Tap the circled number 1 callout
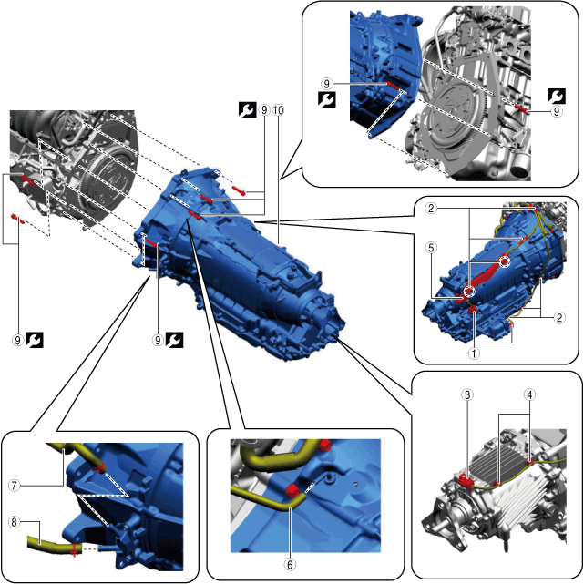point(473,350)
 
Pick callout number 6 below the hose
point(291,565)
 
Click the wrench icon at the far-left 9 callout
point(35,341)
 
